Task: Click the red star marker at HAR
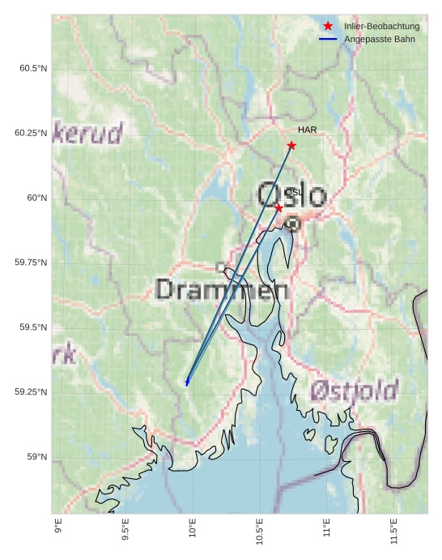pyautogui.click(x=291, y=146)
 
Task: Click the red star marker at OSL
pyautogui.click(x=278, y=208)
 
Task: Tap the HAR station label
pyautogui.click(x=307, y=130)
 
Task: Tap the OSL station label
pyautogui.click(x=293, y=192)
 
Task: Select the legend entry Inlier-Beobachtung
pyautogui.click(x=381, y=27)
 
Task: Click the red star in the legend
pyautogui.click(x=328, y=26)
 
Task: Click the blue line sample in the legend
pyautogui.click(x=328, y=39)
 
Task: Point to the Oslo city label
pyautogui.click(x=291, y=195)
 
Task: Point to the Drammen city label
pyautogui.click(x=222, y=289)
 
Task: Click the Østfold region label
pyautogui.click(x=354, y=391)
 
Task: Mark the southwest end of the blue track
pyautogui.click(x=187, y=383)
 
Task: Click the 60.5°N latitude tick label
pyautogui.click(x=33, y=68)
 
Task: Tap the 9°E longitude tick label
pyautogui.click(x=57, y=526)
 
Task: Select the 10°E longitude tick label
pyautogui.click(x=192, y=528)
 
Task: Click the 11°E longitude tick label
pyautogui.click(x=326, y=528)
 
